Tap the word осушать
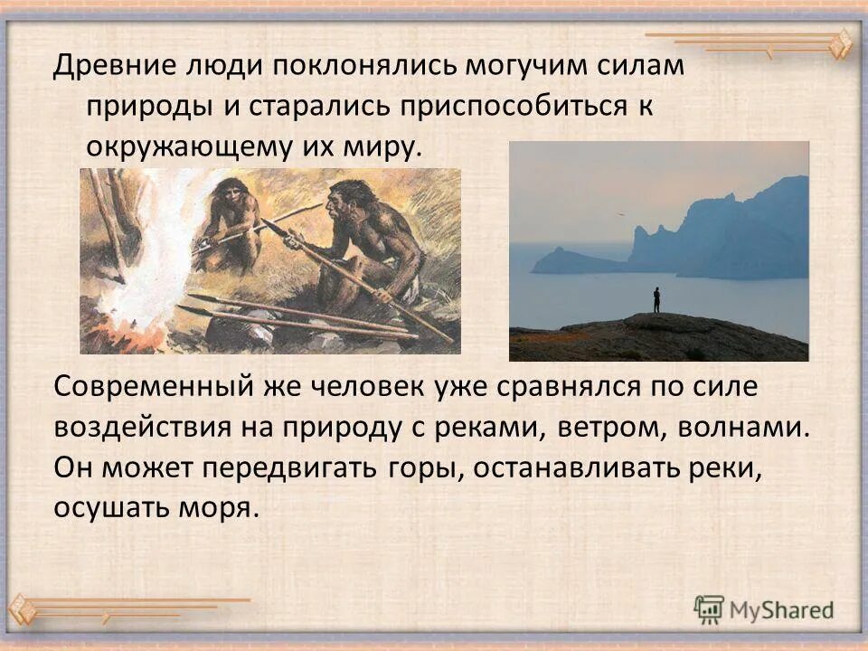(x=105, y=507)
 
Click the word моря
(x=219, y=507)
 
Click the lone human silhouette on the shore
(x=656, y=300)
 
